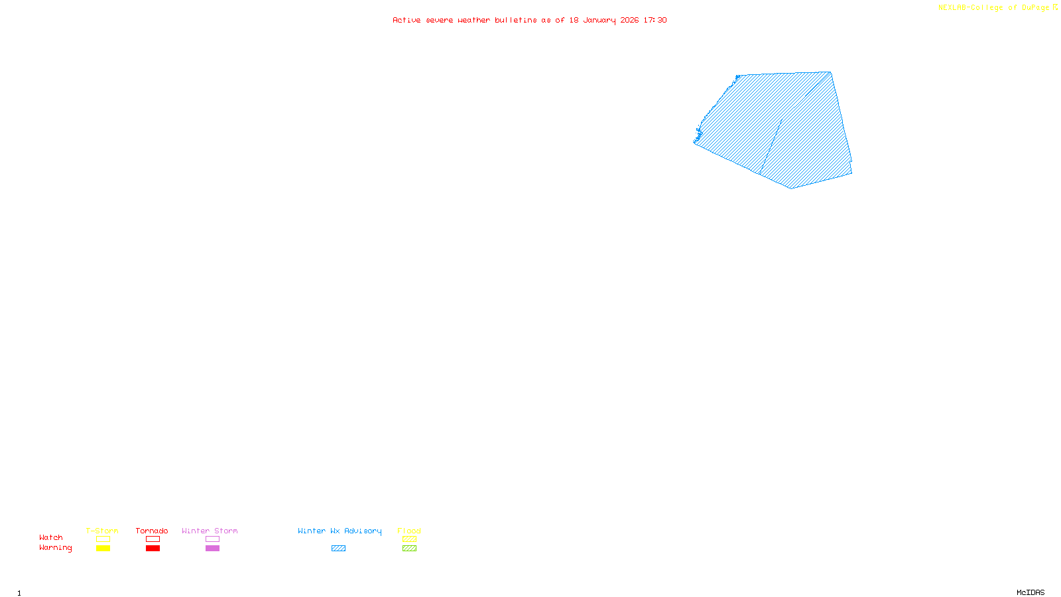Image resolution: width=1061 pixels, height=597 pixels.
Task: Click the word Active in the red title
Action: [x=406, y=20]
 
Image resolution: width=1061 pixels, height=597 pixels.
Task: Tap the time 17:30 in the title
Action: [x=655, y=20]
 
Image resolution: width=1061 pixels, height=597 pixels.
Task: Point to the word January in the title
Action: [x=599, y=20]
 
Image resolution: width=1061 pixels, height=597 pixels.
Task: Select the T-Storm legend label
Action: [x=102, y=531]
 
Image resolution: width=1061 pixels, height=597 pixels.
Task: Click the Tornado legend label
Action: [x=152, y=531]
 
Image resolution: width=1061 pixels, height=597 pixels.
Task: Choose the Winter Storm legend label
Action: [x=210, y=531]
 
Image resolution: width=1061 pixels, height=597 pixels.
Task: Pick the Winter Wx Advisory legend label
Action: [x=340, y=531]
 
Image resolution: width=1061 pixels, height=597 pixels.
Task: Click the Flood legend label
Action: [x=409, y=531]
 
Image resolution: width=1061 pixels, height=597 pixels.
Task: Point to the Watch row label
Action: [x=51, y=537]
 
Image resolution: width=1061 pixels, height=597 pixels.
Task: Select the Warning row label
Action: [x=55, y=548]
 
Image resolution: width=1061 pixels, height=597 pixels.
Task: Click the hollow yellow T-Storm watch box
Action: [x=103, y=539]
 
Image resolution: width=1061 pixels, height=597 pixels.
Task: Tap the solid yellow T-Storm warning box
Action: [x=103, y=549]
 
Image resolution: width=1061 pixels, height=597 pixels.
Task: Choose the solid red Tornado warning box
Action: [x=153, y=549]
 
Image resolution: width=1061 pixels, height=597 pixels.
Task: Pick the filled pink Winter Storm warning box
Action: [x=212, y=549]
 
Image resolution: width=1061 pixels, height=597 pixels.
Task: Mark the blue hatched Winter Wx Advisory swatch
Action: [x=338, y=549]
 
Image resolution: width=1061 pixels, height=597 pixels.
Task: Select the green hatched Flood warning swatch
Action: [x=409, y=549]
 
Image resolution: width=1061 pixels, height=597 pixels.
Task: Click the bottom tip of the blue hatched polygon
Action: [x=790, y=188]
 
